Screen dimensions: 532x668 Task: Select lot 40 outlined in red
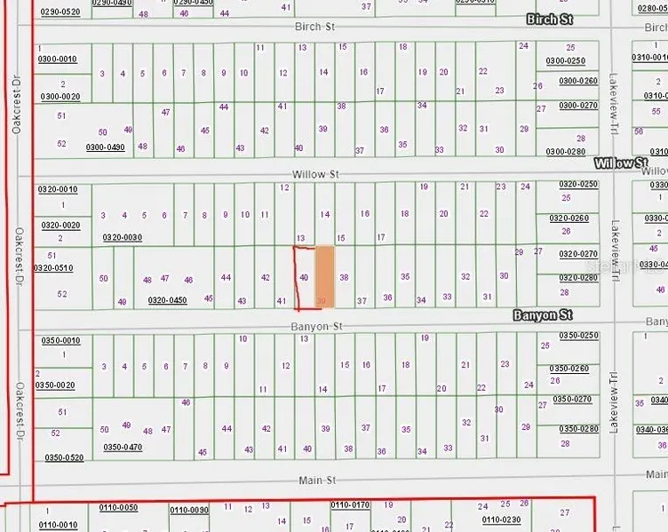305,278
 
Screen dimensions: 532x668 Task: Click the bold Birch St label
550,19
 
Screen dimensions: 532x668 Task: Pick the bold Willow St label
622,163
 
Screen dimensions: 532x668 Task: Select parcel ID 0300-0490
106,147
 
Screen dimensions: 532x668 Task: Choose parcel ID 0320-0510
53,266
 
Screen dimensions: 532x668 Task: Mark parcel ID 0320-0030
122,237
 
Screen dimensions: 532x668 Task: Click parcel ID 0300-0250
566,60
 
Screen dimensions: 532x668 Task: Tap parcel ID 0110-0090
188,510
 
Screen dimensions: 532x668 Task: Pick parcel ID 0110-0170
349,505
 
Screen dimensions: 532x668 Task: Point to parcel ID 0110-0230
501,520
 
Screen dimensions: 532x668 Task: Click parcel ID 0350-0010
59,340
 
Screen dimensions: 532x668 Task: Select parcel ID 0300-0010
58,59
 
